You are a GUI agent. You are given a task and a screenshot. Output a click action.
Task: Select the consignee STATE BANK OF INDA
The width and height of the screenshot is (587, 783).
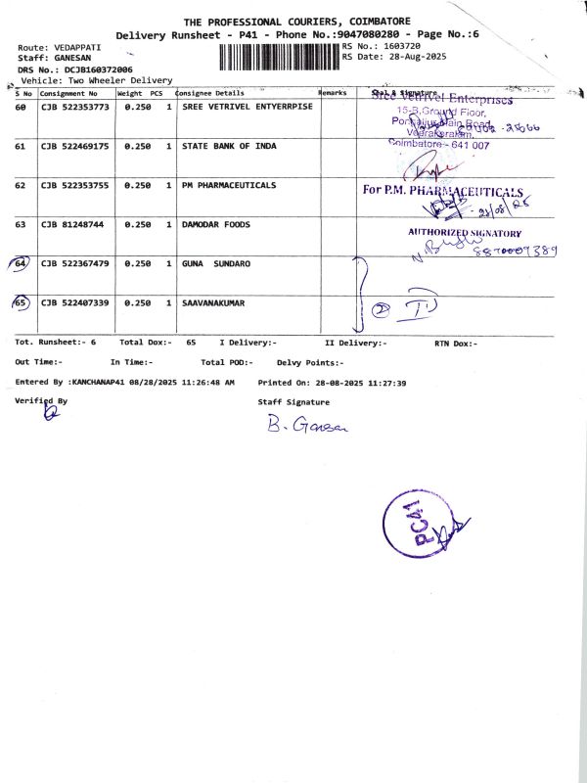point(229,146)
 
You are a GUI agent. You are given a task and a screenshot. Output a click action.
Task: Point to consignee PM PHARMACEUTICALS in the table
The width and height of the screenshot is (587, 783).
point(229,185)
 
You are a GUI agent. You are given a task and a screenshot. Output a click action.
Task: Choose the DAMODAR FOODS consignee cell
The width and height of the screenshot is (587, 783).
point(216,224)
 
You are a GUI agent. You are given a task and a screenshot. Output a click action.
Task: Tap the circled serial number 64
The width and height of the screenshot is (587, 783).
point(21,264)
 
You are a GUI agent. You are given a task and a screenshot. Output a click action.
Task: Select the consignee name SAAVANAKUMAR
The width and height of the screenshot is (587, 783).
point(213,303)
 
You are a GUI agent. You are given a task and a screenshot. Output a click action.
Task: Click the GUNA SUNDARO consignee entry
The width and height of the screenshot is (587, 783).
point(216,264)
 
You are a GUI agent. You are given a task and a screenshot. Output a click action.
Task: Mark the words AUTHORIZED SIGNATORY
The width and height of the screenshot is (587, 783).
point(465,233)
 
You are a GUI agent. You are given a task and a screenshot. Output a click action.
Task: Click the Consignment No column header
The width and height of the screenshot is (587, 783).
point(68,93)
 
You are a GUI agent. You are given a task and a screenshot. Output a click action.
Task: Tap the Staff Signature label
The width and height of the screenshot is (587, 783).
point(293,401)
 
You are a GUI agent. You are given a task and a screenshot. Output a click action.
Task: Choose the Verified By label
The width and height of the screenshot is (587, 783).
point(42,400)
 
